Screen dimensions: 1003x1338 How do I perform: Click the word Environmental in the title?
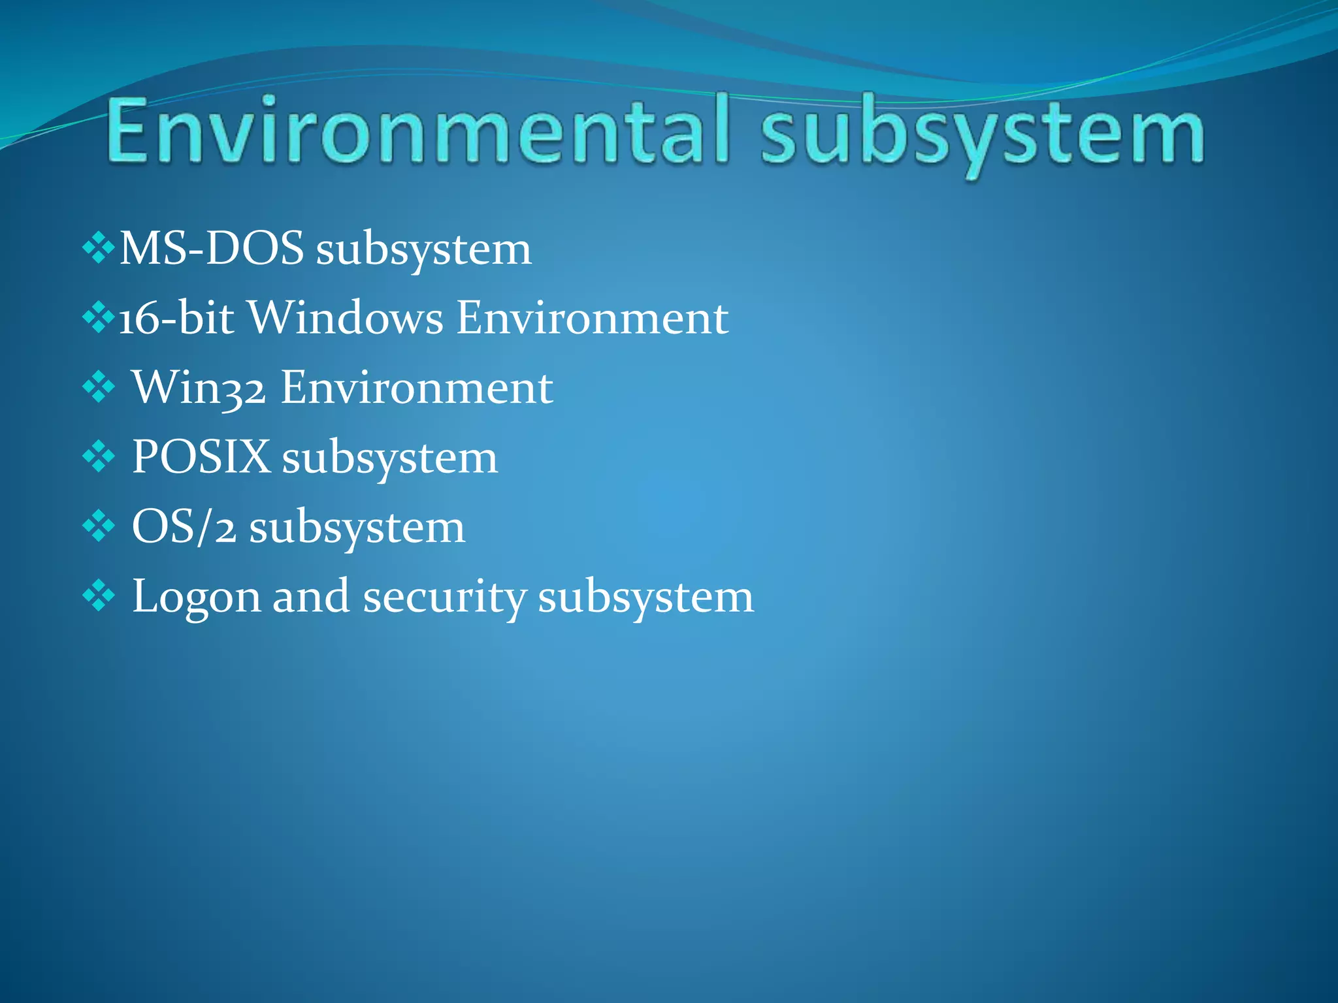coord(417,131)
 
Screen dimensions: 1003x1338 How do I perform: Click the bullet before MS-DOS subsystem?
coord(99,248)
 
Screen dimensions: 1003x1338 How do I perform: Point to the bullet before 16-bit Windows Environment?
coord(99,318)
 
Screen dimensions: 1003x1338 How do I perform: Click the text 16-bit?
coord(176,318)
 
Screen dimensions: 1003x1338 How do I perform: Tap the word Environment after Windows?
coord(592,318)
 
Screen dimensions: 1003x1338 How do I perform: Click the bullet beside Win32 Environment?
coord(99,388)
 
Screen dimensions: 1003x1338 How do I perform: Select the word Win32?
coord(199,388)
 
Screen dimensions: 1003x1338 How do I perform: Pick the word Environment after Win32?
coord(417,388)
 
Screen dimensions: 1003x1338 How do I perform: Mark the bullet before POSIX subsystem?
coord(99,457)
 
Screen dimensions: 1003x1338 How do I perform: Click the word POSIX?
coord(201,457)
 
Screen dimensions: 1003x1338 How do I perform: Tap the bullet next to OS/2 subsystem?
coord(99,526)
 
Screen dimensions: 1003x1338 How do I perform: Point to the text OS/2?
coord(184,527)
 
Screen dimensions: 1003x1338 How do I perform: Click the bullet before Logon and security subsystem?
coord(99,596)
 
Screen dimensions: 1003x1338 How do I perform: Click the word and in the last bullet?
coord(310,596)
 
